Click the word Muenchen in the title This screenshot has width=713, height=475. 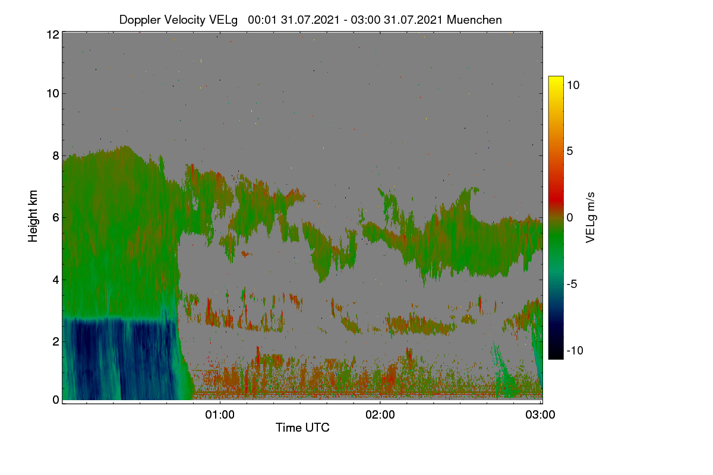coord(474,20)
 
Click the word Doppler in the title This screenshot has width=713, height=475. coord(140,20)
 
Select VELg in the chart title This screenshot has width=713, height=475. coord(223,20)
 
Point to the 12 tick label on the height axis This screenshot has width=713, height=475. coord(53,34)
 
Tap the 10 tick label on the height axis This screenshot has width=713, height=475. coord(53,94)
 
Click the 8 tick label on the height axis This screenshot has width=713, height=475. coord(56,156)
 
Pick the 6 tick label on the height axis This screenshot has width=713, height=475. coord(56,218)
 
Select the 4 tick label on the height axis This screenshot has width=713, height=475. coord(56,280)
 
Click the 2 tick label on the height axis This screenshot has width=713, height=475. coord(56,341)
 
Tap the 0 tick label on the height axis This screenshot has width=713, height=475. coord(56,400)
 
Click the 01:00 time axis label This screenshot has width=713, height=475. coord(220,414)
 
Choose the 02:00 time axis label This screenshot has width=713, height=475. coord(380,414)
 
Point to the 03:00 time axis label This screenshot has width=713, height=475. coord(540,414)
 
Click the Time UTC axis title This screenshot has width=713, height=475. coord(302,427)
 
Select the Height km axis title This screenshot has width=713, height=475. coord(33,216)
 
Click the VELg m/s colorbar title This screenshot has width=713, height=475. coord(590,218)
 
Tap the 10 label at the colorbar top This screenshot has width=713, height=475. coord(573,85)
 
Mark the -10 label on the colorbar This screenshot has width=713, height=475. coord(575,350)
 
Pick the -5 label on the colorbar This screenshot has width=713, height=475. coord(572,284)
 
